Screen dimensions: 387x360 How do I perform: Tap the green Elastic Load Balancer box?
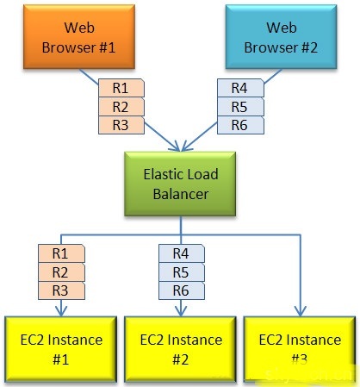point(180,184)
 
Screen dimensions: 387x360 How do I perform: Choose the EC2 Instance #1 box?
point(60,348)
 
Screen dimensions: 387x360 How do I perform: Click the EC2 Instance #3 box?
point(299,348)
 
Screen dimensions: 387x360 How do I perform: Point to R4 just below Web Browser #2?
point(241,87)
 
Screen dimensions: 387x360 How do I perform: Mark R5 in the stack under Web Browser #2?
point(241,106)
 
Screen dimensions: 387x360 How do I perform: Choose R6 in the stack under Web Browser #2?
point(241,125)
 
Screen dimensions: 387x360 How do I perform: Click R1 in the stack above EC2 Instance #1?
point(61,253)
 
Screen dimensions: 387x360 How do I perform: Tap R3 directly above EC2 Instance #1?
point(61,290)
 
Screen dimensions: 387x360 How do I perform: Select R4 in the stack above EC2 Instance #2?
point(181,253)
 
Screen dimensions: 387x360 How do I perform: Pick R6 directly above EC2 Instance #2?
point(181,290)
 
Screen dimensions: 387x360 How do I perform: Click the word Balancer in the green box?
point(180,194)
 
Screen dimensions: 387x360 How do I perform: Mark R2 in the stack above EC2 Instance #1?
point(61,272)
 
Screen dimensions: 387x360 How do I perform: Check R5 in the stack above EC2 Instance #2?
point(181,272)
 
